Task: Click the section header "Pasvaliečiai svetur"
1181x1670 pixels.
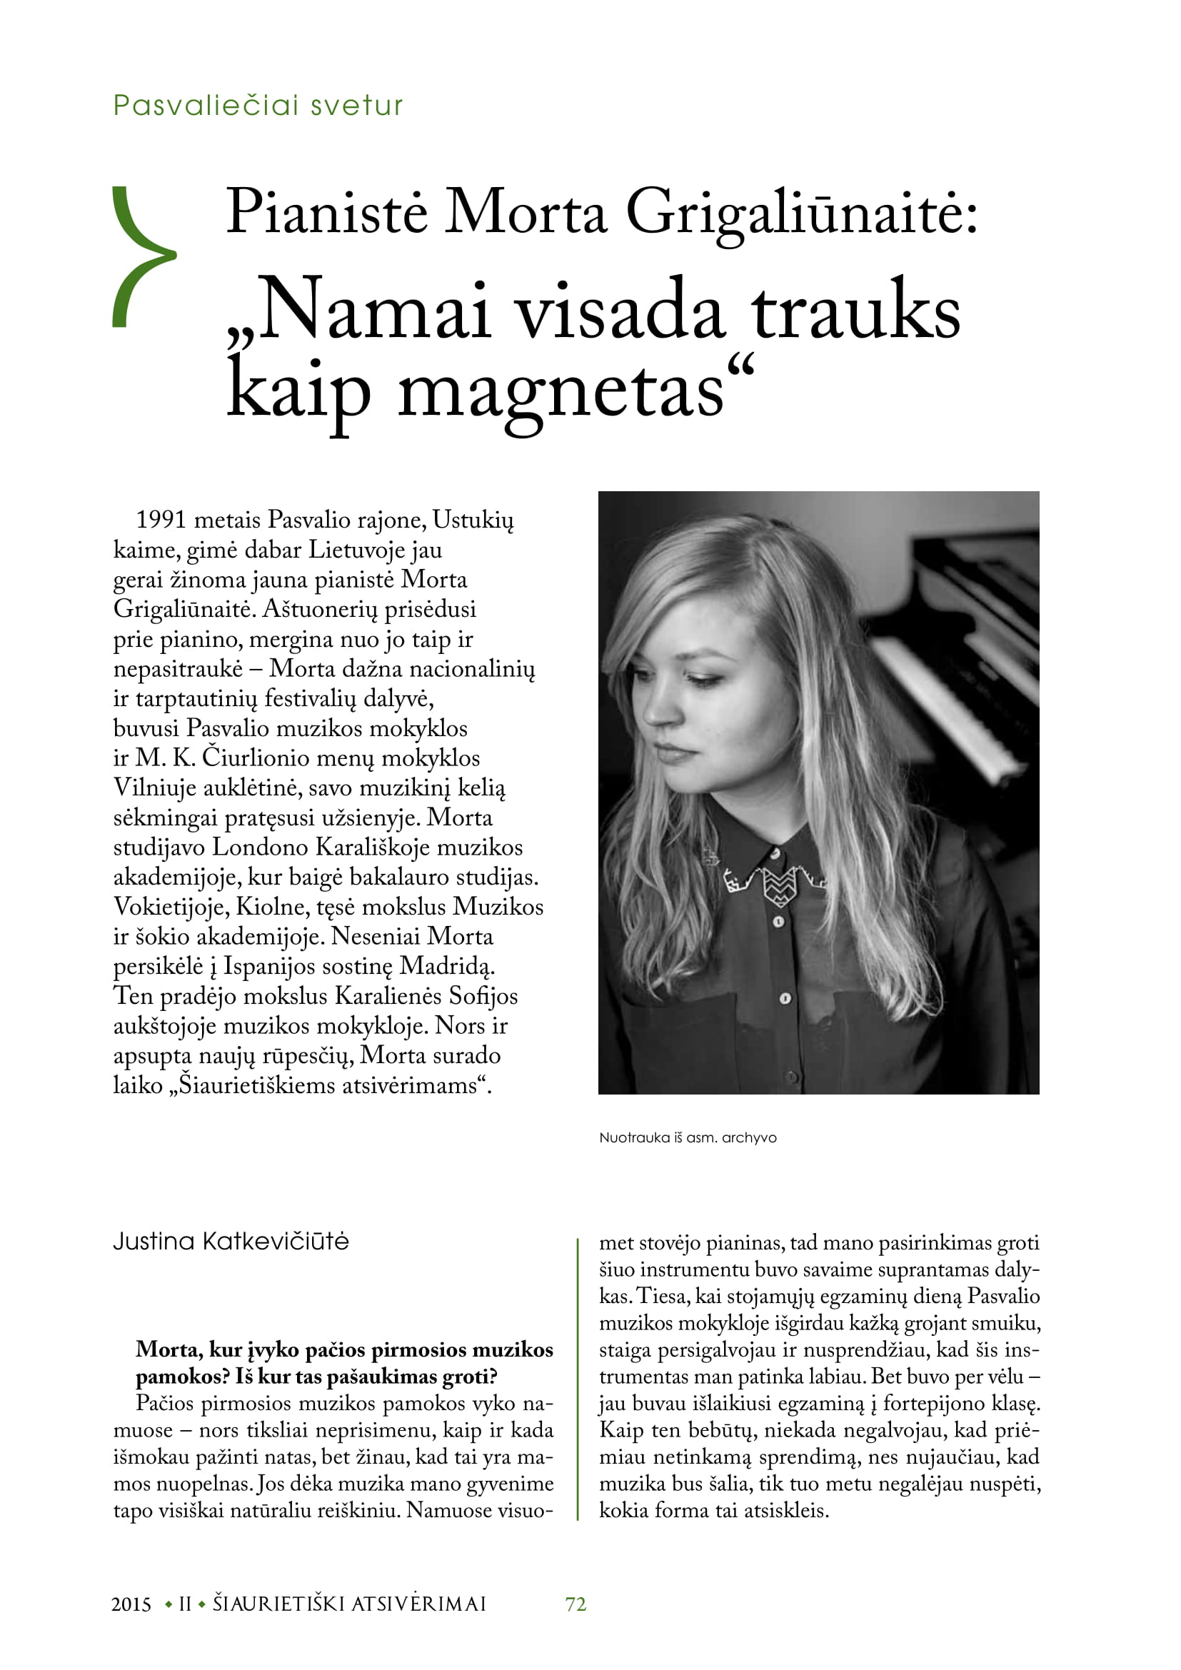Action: [x=258, y=106]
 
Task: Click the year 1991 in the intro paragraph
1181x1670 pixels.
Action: [x=161, y=520]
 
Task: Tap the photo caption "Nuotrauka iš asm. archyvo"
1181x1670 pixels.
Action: [x=687, y=1137]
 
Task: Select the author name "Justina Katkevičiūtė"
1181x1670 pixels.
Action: [x=231, y=1242]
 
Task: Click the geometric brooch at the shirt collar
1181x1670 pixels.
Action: [x=778, y=884]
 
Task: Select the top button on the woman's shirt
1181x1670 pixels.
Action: [x=779, y=922]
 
